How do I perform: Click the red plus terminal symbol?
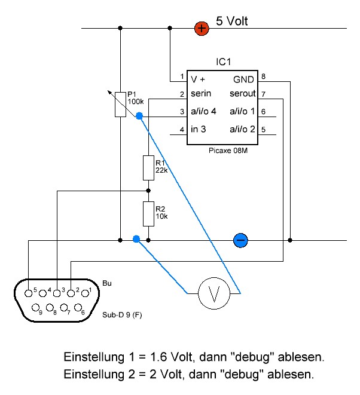click(202, 27)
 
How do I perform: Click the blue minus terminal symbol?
click(240, 240)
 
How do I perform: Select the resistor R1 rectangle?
click(148, 167)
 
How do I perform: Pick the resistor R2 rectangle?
click(148, 212)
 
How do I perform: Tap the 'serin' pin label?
click(202, 94)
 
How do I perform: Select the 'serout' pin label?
click(242, 94)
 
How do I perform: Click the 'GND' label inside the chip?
click(243, 79)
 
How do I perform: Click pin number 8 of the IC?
click(263, 76)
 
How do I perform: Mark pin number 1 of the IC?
click(181, 77)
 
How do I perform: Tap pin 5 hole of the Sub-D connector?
click(30, 292)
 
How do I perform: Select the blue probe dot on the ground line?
click(136, 239)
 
